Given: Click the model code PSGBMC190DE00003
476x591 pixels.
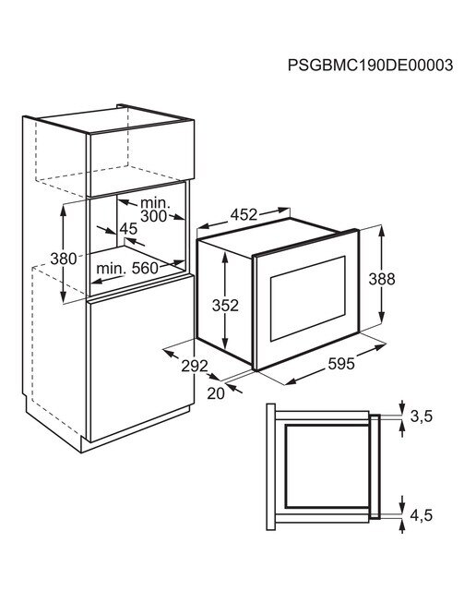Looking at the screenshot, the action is coord(370,66).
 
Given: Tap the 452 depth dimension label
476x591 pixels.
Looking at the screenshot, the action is coord(244,214).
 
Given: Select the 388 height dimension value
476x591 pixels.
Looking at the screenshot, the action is coord(382,279).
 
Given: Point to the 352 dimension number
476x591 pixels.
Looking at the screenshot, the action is coord(225,306).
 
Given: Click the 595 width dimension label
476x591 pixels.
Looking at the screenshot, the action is coord(341,364).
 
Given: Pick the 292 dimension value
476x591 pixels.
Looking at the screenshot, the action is coord(195,366).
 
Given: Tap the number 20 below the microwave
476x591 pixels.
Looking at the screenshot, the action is coord(216,393).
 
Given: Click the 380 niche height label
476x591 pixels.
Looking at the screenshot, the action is coord(64,259).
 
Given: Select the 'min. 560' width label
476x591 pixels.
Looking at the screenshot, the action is coord(127,269).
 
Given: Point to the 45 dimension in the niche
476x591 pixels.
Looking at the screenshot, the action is coord(129,229).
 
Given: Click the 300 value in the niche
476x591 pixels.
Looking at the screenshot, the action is coord(153,216).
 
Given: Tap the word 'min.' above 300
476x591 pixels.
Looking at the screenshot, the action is coord(155,203).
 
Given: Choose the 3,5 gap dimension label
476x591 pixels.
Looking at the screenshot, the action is coord(421,416).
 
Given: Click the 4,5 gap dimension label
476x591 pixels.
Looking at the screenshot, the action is coord(421,515).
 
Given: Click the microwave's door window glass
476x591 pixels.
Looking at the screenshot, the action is coord(308,298).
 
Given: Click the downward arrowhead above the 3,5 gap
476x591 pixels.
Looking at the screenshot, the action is coord(402,410).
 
